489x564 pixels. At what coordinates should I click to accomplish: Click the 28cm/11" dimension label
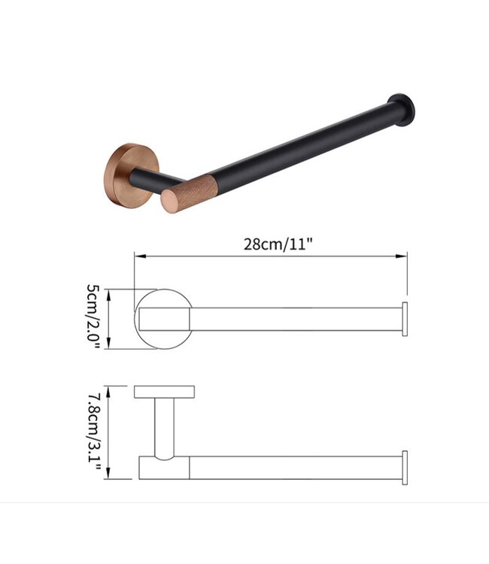pos(277,245)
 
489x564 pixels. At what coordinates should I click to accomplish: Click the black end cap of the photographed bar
pos(401,106)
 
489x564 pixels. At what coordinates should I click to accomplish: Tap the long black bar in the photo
pos(301,147)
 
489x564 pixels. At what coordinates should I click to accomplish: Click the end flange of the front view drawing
pos(405,320)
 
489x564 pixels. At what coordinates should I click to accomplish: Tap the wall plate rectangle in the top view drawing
pos(164,391)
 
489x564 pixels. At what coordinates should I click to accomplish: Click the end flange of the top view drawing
pos(405,466)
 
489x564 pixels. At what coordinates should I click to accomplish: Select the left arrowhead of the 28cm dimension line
pos(138,256)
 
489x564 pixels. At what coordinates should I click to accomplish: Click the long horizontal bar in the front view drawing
pos(293,320)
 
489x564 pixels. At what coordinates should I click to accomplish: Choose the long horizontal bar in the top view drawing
pos(293,466)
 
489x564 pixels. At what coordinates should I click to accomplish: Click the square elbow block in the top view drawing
pos(163,467)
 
